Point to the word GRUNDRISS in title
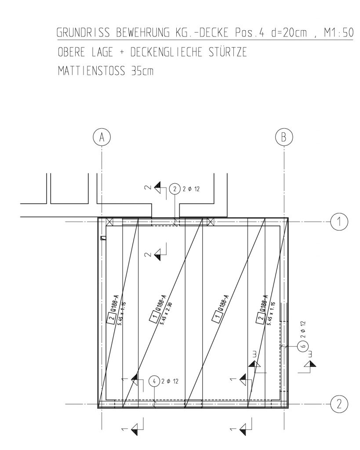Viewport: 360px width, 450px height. (x=83, y=33)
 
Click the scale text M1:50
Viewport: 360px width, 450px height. (x=339, y=33)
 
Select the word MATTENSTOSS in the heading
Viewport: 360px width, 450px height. (x=91, y=71)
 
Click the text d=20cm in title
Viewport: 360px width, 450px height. (x=289, y=33)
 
